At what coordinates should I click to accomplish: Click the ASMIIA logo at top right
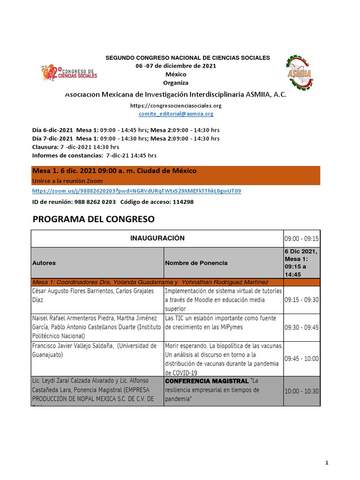click(303, 73)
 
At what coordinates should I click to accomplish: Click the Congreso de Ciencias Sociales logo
click(69, 72)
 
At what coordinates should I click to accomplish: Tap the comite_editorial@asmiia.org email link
click(176, 113)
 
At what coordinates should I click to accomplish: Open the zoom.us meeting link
click(136, 191)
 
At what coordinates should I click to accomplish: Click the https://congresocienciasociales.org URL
click(176, 106)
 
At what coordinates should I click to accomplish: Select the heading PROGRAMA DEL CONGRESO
click(93, 219)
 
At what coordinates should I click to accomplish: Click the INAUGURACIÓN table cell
click(157, 238)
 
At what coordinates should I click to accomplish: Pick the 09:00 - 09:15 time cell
click(301, 239)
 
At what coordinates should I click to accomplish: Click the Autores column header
click(44, 263)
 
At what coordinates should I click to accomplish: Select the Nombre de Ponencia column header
click(196, 263)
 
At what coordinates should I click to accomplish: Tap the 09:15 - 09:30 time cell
click(301, 300)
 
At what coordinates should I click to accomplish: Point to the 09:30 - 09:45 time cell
click(301, 327)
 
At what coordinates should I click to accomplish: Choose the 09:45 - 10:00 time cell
click(301, 359)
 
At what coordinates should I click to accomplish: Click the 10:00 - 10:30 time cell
click(301, 391)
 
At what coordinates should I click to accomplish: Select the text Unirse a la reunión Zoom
click(67, 181)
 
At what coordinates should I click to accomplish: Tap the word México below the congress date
click(176, 75)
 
